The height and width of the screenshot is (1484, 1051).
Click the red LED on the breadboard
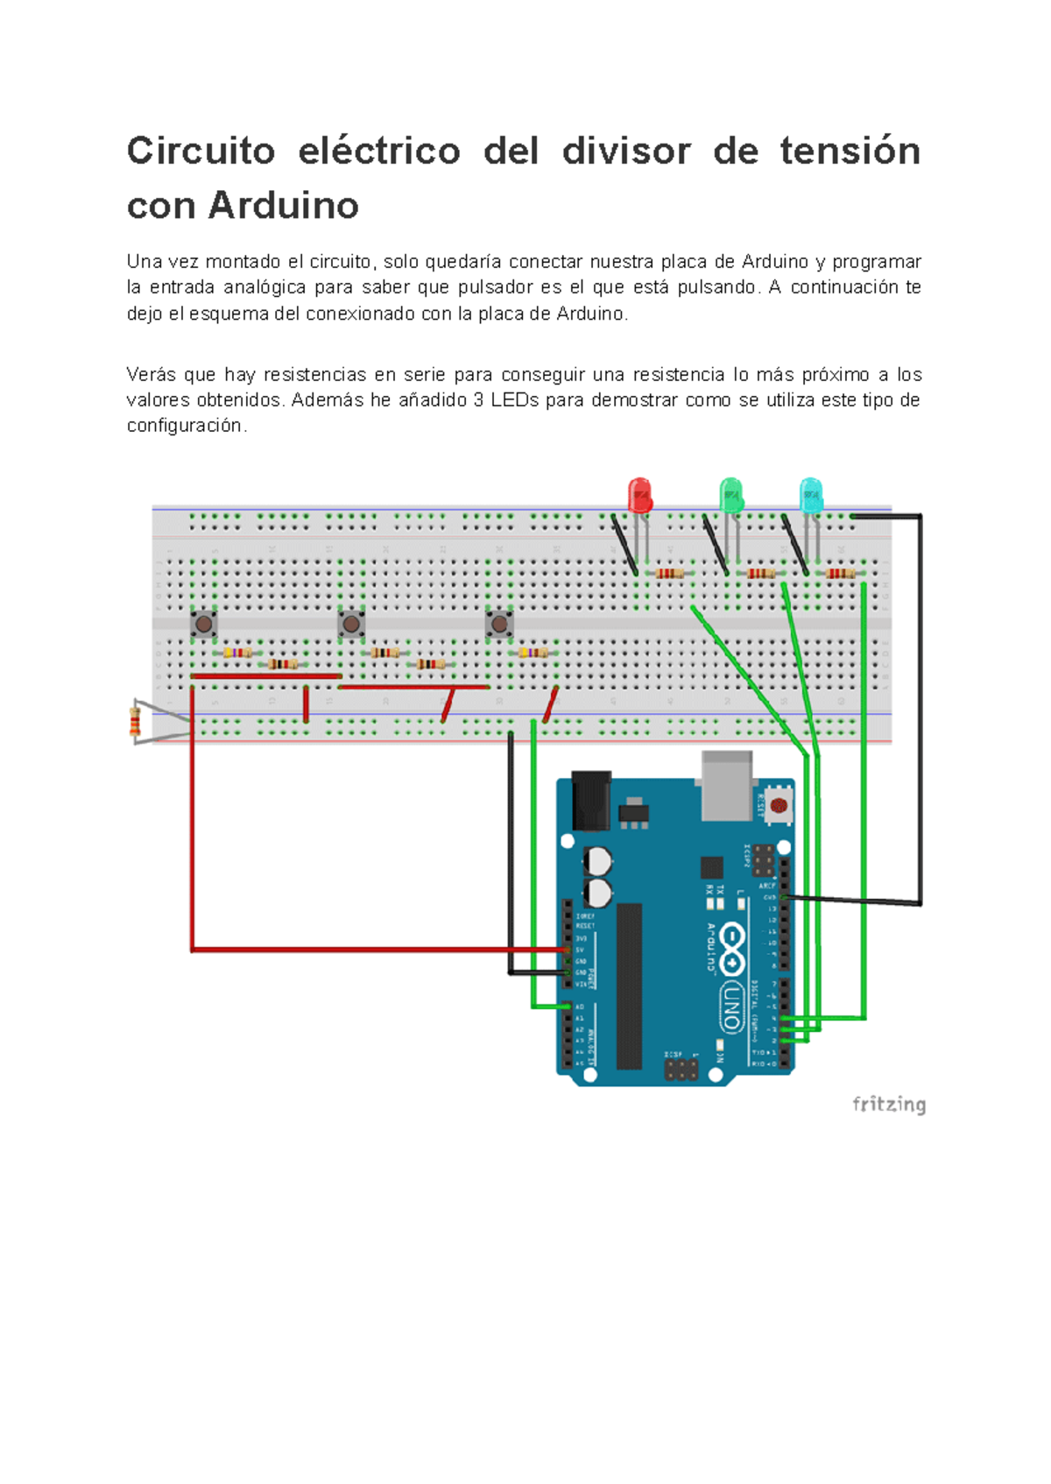pos(640,495)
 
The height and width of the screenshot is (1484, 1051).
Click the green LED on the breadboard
pos(731,495)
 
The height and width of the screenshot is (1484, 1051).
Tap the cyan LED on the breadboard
pos(811,495)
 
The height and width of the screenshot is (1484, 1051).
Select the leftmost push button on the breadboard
pos(204,624)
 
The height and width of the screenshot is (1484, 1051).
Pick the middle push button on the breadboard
pos(351,624)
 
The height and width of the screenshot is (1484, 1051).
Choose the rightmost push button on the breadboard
pos(499,624)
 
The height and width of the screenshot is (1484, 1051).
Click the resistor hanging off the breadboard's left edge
pos(135,722)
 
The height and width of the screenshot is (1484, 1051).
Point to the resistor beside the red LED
pos(669,574)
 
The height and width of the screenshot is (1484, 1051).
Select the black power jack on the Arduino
pos(590,799)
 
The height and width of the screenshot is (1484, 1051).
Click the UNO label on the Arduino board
pos(732,1007)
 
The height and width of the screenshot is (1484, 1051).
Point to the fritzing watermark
pos(888,1104)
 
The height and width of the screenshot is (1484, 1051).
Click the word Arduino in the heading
pos(284,206)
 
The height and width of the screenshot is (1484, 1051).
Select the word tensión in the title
pos(850,151)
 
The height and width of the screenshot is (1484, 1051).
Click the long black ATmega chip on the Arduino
pos(629,986)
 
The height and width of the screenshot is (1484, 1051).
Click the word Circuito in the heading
pos(201,151)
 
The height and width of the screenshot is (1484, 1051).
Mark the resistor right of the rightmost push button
pos(533,653)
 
